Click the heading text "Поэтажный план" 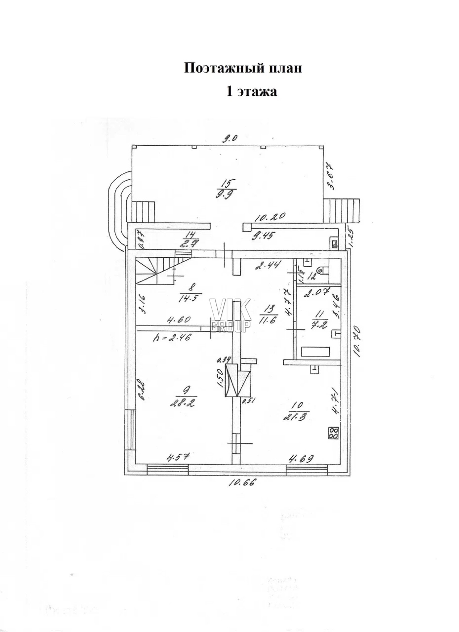click(x=243, y=69)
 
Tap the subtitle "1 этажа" click(x=252, y=92)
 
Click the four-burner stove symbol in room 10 click(x=333, y=433)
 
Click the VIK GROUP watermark click(x=230, y=315)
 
